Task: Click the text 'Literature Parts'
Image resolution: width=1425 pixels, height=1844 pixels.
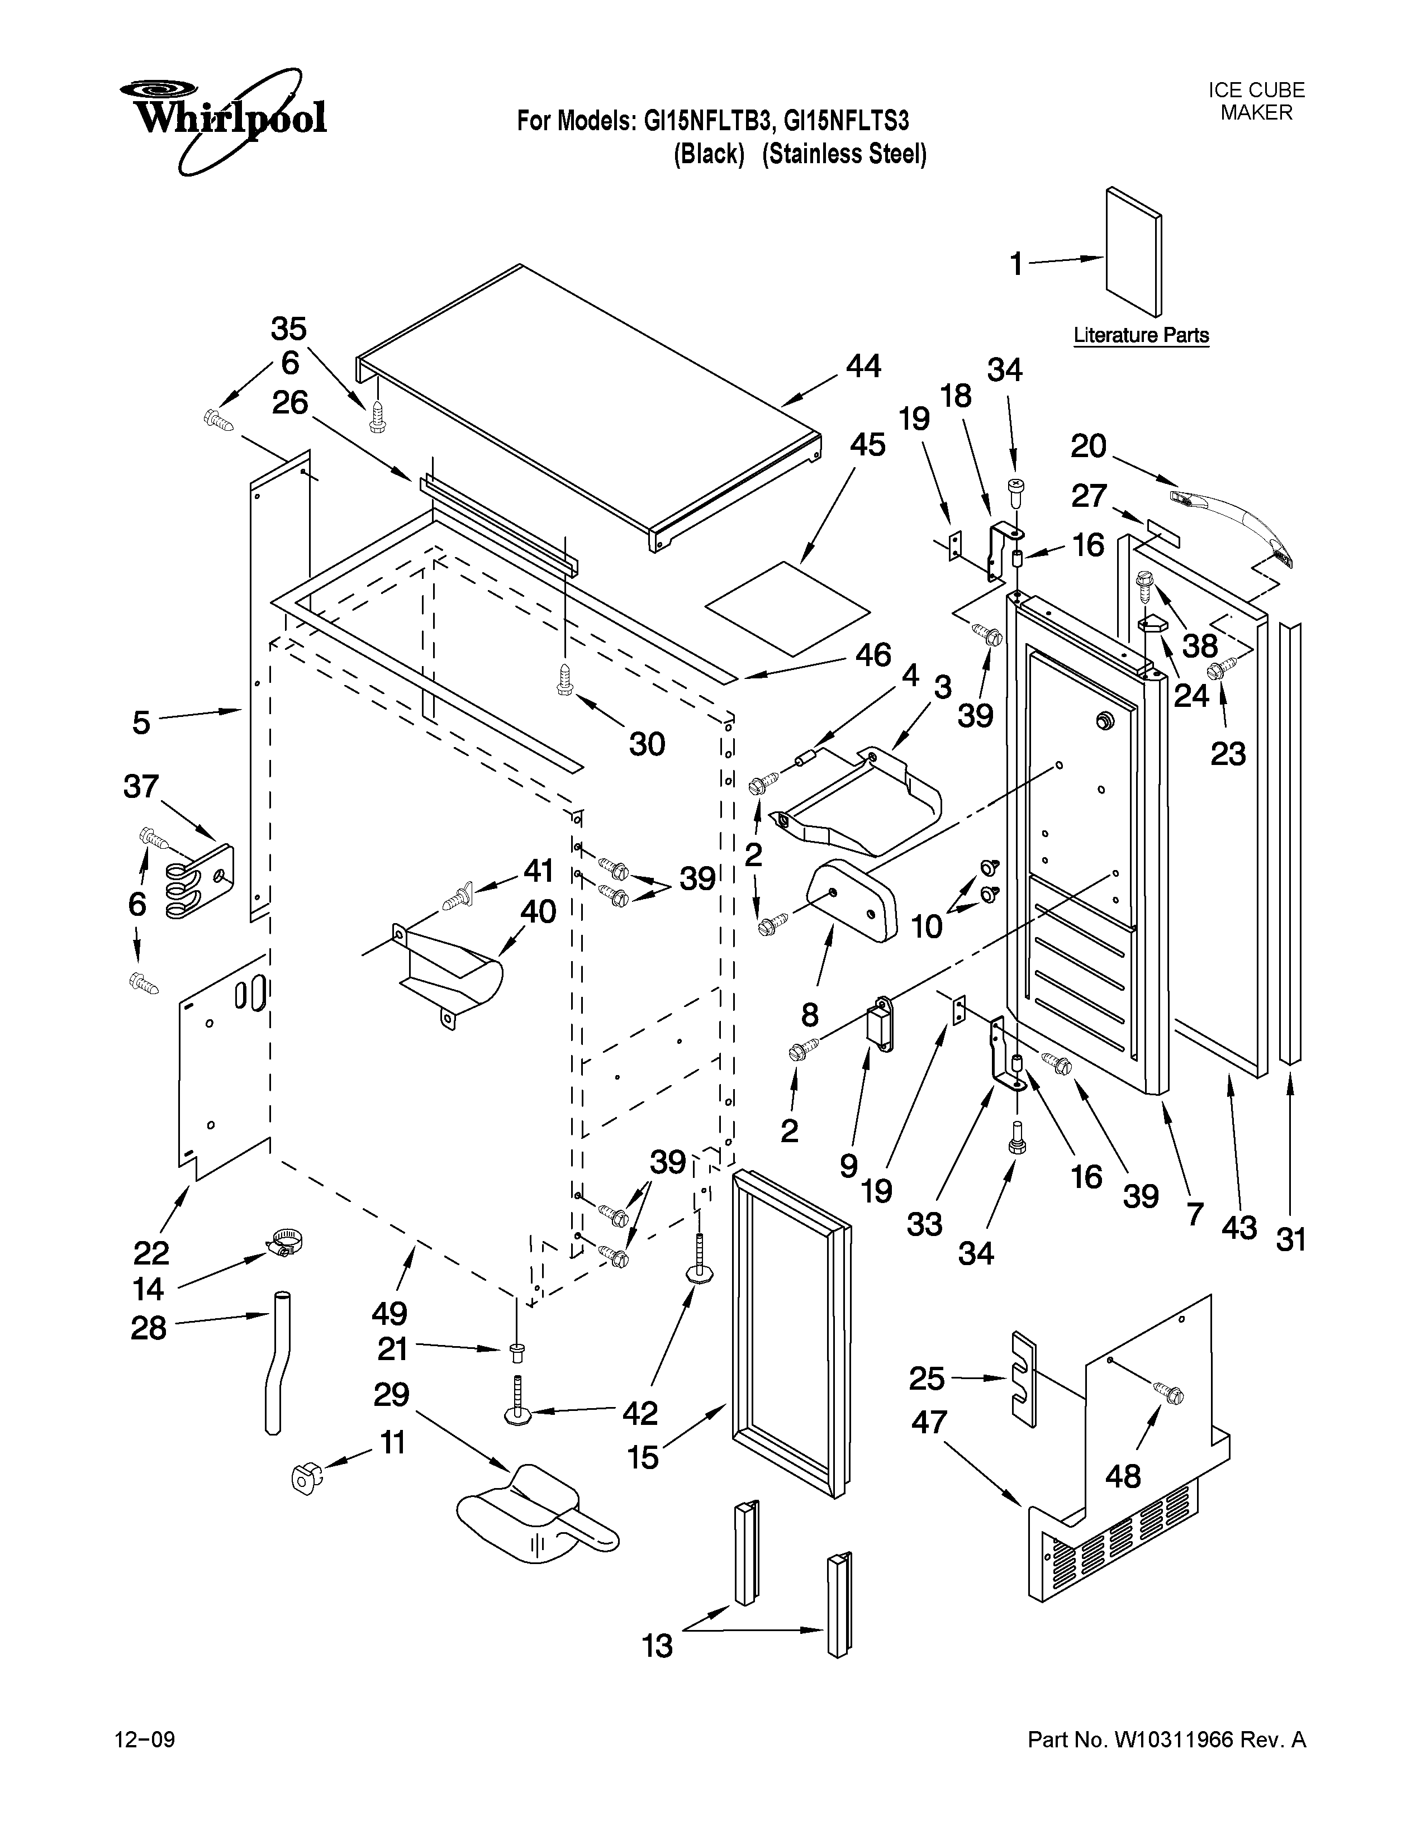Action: tap(1141, 335)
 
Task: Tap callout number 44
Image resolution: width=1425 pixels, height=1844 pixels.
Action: tap(863, 367)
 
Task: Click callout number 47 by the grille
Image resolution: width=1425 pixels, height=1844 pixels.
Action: tap(929, 1423)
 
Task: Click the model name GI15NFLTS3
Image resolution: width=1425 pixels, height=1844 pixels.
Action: tap(846, 122)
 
